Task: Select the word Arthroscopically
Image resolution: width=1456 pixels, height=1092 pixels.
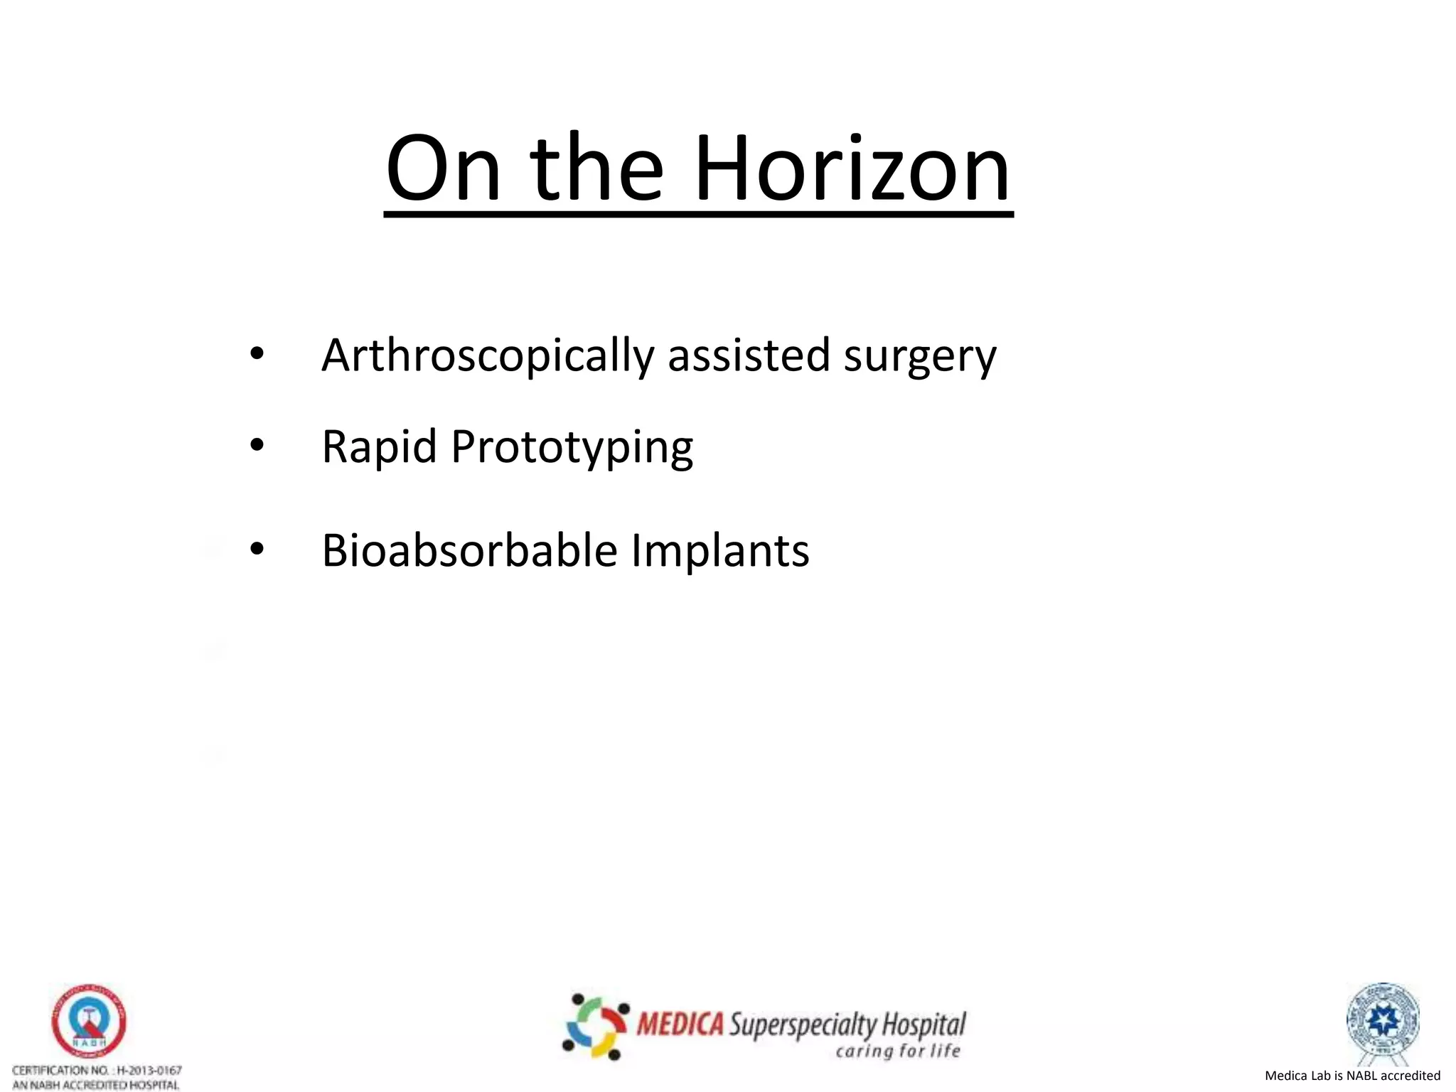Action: click(488, 355)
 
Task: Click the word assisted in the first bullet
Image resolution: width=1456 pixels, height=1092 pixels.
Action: click(749, 355)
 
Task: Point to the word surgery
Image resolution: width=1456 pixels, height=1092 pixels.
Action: click(920, 358)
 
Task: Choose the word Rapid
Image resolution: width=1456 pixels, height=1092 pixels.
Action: click(379, 447)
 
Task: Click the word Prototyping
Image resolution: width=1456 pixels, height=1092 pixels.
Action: click(572, 449)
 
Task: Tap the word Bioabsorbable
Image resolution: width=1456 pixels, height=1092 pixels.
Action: click(469, 550)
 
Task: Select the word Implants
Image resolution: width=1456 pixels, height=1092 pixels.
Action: click(719, 551)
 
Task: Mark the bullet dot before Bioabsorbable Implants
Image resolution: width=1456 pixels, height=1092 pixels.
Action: click(257, 549)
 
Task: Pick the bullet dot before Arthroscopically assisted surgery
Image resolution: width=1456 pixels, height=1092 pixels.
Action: click(257, 353)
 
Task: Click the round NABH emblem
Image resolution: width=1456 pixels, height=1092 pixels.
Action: click(89, 1022)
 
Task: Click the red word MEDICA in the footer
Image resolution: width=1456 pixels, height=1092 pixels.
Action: click(680, 1024)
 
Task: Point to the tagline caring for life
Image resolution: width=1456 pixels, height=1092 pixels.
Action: click(898, 1051)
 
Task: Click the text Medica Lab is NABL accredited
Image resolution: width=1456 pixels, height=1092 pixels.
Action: click(1352, 1076)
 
